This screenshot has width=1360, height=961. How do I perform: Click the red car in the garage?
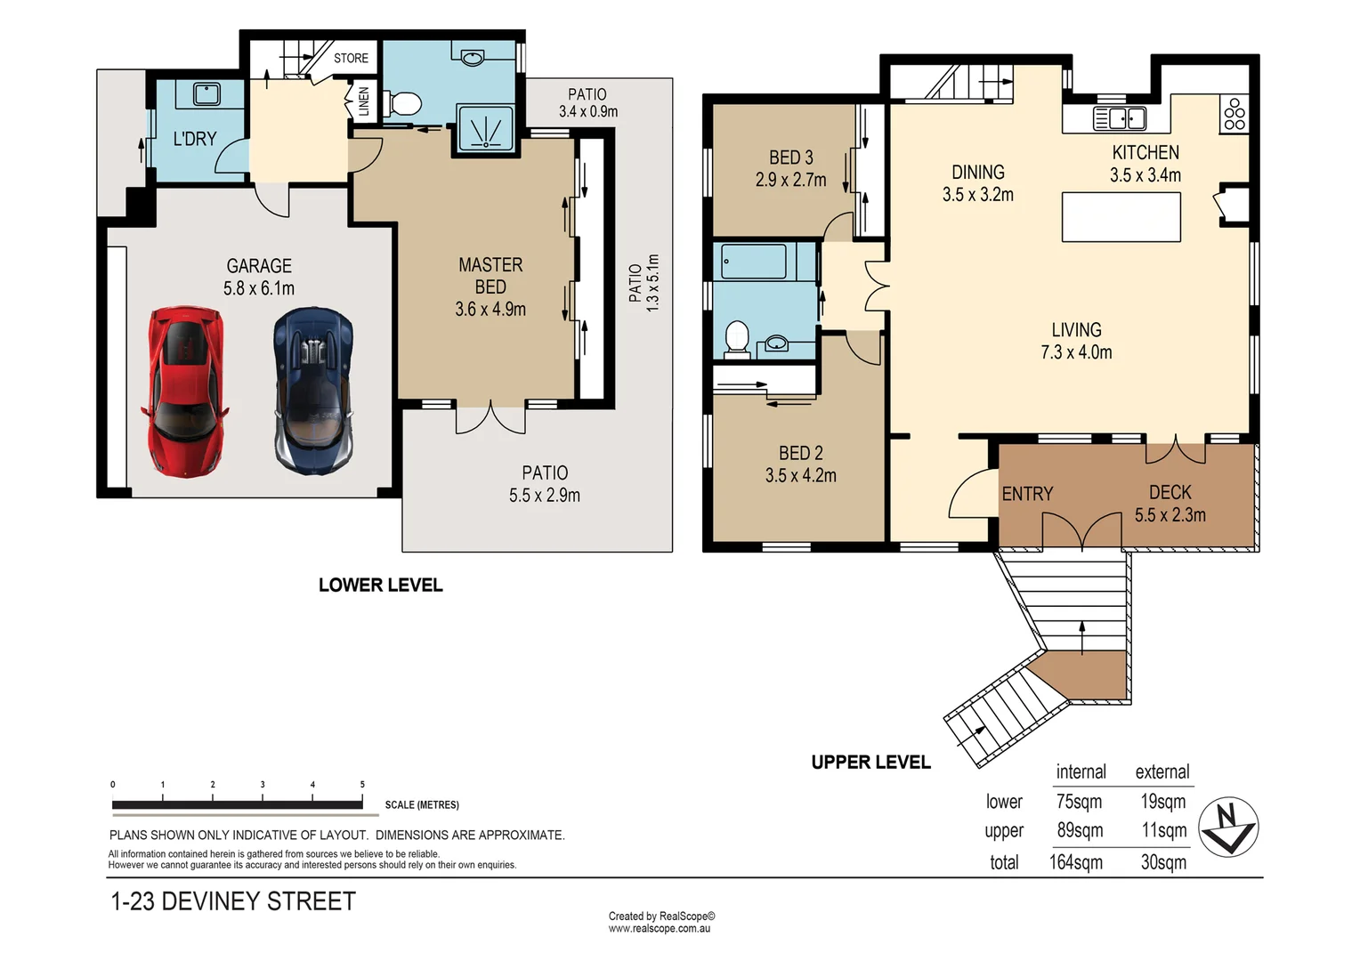[184, 391]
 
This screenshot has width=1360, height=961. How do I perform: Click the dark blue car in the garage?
[313, 390]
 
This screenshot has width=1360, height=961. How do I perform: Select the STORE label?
[351, 58]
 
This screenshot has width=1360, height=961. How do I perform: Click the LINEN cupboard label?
[363, 101]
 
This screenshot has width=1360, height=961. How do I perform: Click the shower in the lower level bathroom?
[485, 127]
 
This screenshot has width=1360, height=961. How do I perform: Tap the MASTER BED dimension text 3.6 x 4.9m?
[490, 310]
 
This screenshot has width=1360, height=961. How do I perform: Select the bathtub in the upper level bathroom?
[754, 262]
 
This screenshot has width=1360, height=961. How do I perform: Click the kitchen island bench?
[1121, 216]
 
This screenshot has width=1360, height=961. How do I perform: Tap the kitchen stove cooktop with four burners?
[1235, 114]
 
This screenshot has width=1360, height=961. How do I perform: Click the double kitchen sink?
[1120, 117]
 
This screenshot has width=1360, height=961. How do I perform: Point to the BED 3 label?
[790, 157]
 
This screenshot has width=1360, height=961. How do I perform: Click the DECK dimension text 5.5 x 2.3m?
[1170, 515]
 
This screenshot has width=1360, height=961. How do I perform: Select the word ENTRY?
[1027, 494]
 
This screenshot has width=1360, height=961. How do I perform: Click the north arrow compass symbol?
[1227, 827]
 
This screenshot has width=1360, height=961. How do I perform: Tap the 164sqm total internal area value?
[1075, 862]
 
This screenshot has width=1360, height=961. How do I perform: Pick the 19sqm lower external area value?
[1162, 802]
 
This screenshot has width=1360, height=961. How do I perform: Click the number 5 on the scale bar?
[362, 785]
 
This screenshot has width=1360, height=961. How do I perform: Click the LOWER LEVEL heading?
[380, 585]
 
